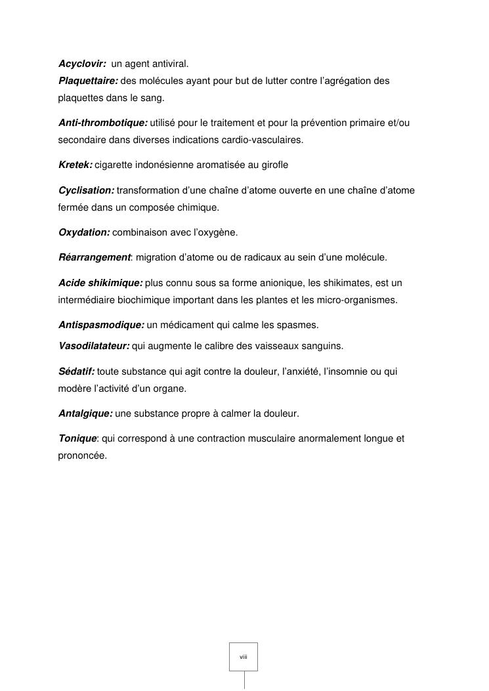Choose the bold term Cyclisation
click(86, 190)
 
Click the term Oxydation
click(84, 232)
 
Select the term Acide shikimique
click(100, 283)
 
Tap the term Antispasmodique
click(101, 325)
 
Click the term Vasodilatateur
click(94, 346)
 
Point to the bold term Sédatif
click(77, 371)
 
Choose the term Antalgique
click(85, 413)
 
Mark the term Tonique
click(77, 438)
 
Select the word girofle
click(274, 165)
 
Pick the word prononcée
click(82, 455)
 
